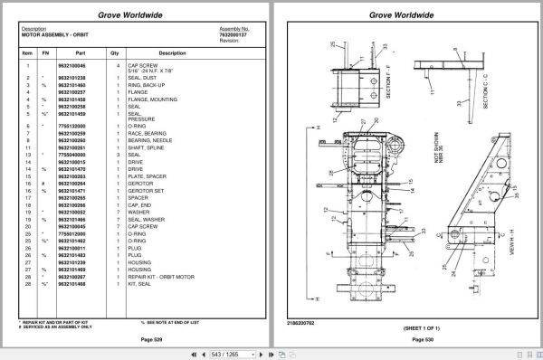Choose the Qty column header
tap(115, 53)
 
